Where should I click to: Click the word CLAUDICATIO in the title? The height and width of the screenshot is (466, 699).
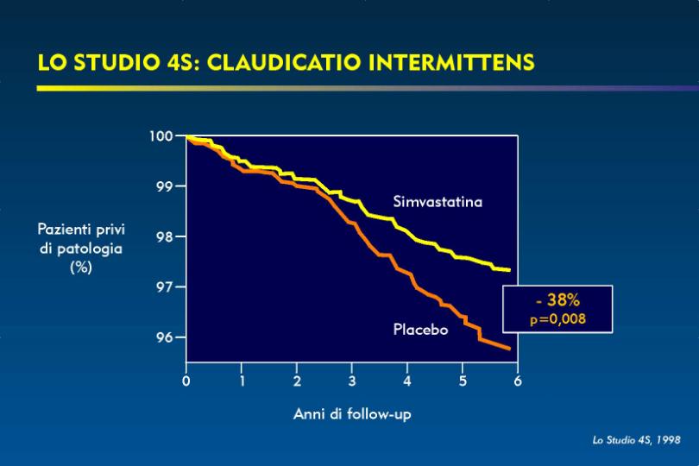click(x=284, y=62)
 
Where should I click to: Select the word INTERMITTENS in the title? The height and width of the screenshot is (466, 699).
click(x=451, y=62)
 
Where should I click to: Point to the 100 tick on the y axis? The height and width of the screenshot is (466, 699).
click(x=161, y=135)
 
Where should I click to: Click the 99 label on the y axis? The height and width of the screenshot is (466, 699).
click(x=166, y=186)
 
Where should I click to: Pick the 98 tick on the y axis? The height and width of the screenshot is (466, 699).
click(x=166, y=236)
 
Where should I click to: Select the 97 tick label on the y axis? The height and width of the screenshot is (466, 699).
click(x=166, y=287)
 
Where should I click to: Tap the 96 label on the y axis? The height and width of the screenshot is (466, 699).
click(x=166, y=337)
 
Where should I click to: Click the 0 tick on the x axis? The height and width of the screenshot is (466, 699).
click(x=186, y=381)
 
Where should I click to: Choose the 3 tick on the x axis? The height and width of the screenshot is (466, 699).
click(x=352, y=381)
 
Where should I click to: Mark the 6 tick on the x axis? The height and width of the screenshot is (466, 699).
click(x=518, y=381)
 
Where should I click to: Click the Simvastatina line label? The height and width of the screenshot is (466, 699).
click(x=438, y=202)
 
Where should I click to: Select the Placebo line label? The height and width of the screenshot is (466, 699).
click(x=420, y=330)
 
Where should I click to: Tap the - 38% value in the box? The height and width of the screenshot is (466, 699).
click(x=557, y=300)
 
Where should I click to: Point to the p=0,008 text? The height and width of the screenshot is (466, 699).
click(x=557, y=319)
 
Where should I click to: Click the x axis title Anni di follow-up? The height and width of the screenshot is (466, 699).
click(x=352, y=414)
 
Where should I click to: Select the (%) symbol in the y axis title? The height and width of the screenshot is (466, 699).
click(x=81, y=268)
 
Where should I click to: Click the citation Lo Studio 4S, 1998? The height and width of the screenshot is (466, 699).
click(x=637, y=440)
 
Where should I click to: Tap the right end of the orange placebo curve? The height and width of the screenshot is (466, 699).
click(x=509, y=349)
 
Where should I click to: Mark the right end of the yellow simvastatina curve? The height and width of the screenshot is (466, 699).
click(x=509, y=270)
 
